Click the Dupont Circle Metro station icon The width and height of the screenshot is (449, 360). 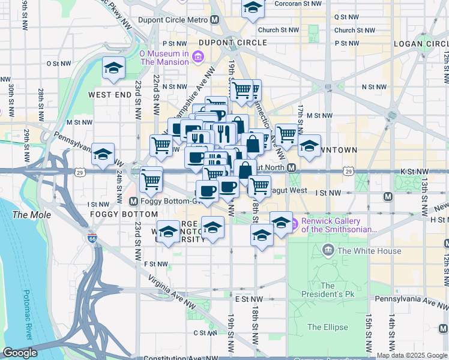click(x=214, y=20)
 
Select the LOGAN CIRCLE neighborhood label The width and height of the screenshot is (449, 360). click(x=420, y=44)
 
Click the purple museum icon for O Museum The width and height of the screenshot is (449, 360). click(x=198, y=57)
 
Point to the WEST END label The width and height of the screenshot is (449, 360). click(x=109, y=95)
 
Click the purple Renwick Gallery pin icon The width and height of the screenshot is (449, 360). click(x=295, y=225)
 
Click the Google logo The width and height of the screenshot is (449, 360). click(x=20, y=353)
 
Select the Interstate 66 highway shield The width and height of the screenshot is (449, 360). click(x=92, y=238)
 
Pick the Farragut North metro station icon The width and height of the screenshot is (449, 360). click(x=292, y=167)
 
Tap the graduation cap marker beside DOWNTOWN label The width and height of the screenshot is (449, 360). click(x=309, y=146)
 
